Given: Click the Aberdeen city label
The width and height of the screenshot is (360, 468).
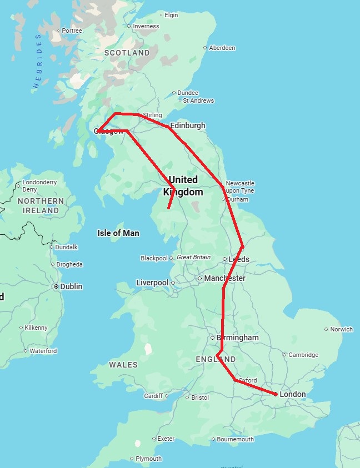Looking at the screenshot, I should (x=222, y=48).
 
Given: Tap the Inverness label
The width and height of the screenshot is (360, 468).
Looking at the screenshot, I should (x=146, y=26).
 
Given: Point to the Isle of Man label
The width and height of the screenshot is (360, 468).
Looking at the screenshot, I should (x=118, y=233).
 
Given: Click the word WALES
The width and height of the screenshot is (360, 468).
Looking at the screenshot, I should (x=123, y=365).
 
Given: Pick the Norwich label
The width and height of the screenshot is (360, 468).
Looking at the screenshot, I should (x=341, y=329).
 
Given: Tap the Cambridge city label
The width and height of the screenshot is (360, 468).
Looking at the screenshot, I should (x=303, y=355).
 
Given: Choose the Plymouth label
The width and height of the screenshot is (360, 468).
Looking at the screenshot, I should (x=148, y=459).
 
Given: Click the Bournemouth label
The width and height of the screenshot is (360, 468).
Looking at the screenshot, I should (x=236, y=439).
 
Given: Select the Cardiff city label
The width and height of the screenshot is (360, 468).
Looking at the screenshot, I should (x=153, y=396).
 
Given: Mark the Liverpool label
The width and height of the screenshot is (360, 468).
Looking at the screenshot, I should (x=152, y=283).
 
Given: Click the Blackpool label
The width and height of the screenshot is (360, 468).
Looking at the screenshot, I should (x=154, y=258).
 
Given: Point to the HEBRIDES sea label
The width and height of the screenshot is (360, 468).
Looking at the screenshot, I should (x=38, y=62).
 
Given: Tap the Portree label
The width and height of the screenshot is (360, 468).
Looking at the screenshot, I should (x=72, y=31).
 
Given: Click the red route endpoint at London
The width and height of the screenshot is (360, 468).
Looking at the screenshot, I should (x=276, y=394).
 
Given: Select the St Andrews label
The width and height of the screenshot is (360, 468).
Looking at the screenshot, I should (x=198, y=100).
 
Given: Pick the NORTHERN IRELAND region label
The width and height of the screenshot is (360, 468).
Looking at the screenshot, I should (x=41, y=205).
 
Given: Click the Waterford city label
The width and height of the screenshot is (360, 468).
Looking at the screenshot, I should (x=43, y=351).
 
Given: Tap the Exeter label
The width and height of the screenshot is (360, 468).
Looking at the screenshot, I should (x=166, y=439).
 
